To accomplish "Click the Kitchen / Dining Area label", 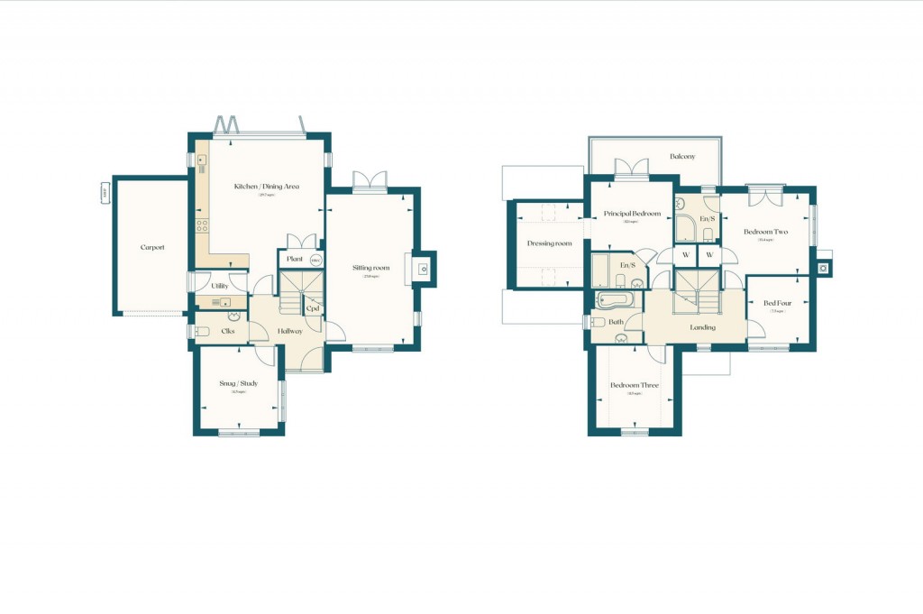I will [x=266, y=187].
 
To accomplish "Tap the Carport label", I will [x=152, y=247].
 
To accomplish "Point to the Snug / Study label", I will [x=239, y=383].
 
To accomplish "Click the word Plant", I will [x=294, y=260].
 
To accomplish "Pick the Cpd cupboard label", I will [x=313, y=308].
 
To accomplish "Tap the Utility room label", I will [x=219, y=286].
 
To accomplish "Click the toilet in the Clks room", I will [x=203, y=330].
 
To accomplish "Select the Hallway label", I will [x=290, y=331].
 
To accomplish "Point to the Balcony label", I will [x=682, y=157].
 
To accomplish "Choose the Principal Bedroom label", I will [x=633, y=214].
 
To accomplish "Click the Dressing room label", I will [x=550, y=243].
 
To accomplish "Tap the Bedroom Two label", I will [x=765, y=232].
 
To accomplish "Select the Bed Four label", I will [x=777, y=303].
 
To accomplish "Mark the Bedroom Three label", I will [x=635, y=385].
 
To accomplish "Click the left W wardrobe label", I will [x=686, y=255].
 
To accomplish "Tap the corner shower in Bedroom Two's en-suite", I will [x=689, y=227].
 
